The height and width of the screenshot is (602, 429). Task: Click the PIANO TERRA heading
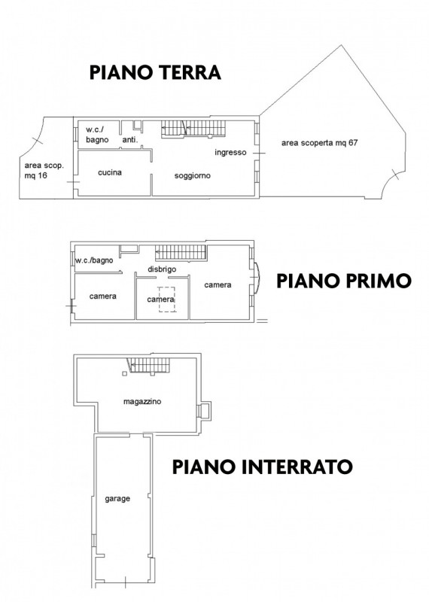[x=154, y=72]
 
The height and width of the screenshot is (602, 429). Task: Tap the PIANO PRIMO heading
[x=343, y=281]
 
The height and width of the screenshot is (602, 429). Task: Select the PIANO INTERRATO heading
[x=262, y=466]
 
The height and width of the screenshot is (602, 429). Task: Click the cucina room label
[x=110, y=173]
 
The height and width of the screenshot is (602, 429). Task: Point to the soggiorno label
[x=192, y=175]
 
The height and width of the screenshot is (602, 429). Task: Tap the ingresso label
[x=230, y=153]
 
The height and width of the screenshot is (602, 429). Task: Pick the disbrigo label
[x=162, y=269]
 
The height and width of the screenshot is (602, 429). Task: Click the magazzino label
[x=142, y=402]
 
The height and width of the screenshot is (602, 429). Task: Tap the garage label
[x=117, y=499]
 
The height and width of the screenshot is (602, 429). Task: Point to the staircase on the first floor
[x=181, y=254]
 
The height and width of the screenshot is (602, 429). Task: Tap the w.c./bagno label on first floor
[x=94, y=260]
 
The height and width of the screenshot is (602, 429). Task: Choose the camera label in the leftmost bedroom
[x=102, y=296]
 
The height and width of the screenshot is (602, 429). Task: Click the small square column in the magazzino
[x=123, y=372]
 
